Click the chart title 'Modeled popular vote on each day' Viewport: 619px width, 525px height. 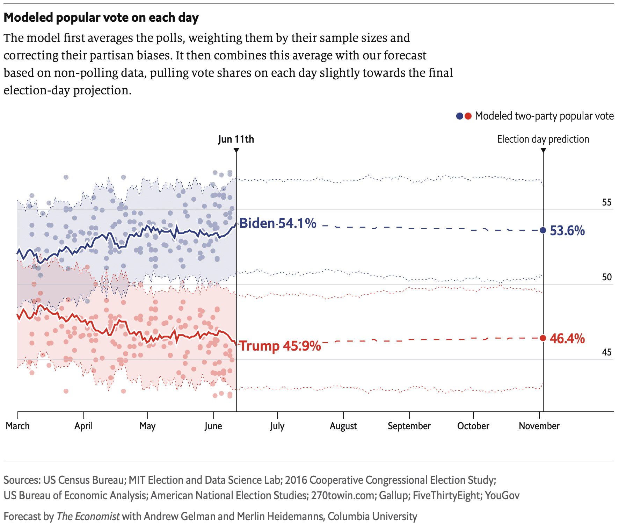coord(101,17)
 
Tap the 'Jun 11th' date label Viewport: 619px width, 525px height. coord(236,139)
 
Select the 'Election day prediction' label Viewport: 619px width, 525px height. coord(543,139)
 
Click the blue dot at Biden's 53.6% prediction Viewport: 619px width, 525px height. coord(543,230)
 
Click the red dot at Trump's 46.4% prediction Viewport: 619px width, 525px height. coord(543,338)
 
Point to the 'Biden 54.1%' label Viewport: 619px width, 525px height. coord(278,223)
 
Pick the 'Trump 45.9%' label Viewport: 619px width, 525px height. coord(280,346)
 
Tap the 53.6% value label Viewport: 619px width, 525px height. coord(567,231)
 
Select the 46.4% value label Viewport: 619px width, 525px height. coord(567,338)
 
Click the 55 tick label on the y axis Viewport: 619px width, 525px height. coord(607,202)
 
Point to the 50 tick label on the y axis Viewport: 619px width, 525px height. coord(607,277)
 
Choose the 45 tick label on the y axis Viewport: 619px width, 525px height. coord(607,352)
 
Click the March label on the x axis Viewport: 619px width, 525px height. coord(18,426)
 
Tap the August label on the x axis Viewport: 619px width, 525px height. coord(343,426)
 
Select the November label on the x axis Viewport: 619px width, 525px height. coord(539,426)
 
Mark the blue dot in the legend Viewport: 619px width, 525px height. coord(460,116)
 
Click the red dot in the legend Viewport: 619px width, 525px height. coord(468,116)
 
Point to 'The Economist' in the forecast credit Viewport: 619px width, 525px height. coord(88,516)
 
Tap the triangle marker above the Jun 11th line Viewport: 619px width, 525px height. coord(236,150)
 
